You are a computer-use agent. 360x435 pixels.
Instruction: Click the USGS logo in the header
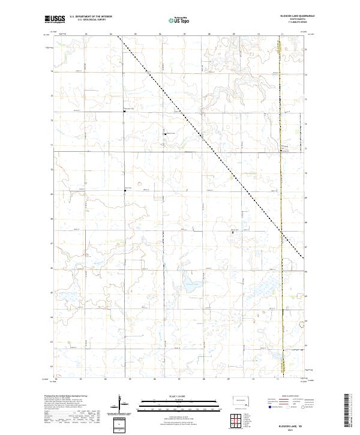coord(55,20)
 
